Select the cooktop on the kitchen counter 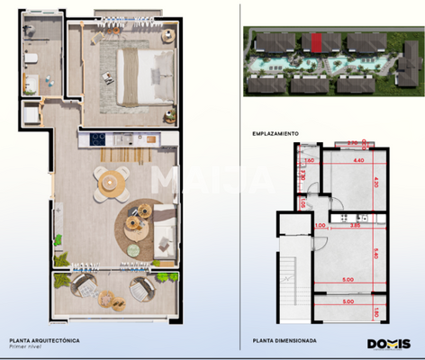98,139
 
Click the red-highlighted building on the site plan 316,41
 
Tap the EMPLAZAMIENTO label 276,133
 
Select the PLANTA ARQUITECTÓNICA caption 44,339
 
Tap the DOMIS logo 388,343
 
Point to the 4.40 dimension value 357,160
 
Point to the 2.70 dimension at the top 353,142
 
